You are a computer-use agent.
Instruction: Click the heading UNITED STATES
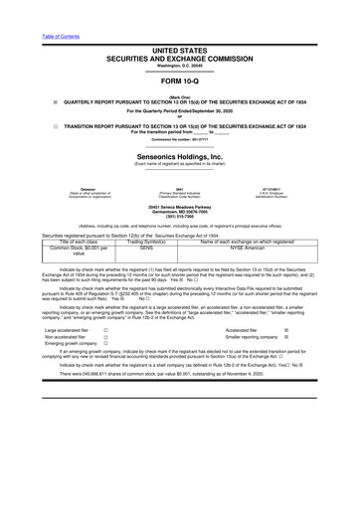point(180,48)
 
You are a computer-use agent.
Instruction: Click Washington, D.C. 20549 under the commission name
point(180,65)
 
